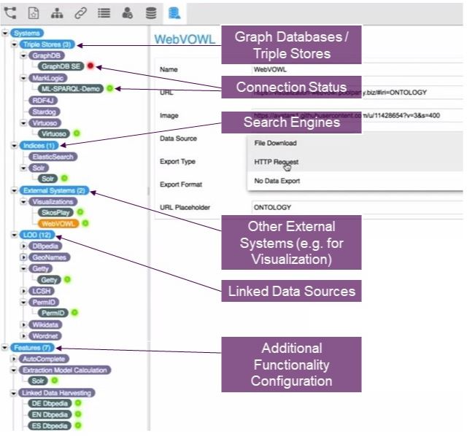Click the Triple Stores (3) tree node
46,44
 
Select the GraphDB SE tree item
61,66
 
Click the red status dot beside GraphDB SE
90,66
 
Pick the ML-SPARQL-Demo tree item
71,88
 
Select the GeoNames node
48,257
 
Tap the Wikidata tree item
45,324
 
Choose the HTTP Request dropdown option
276,162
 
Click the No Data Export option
278,180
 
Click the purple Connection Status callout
291,87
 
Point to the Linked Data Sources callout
291,291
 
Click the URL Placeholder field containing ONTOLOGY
350,207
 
